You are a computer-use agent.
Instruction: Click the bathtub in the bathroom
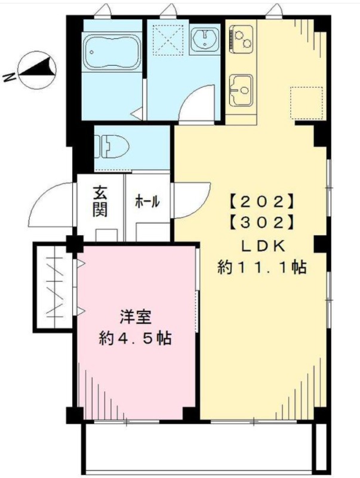tap(112, 52)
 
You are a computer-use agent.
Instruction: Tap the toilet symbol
tap(112, 146)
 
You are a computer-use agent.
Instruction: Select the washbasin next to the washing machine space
tap(205, 40)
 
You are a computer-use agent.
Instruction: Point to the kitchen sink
tap(241, 90)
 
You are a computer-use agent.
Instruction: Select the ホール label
tap(147, 201)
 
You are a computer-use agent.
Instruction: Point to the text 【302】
tap(262, 223)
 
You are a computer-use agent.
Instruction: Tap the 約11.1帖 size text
tap(262, 268)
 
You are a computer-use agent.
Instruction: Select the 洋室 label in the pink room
tap(136, 317)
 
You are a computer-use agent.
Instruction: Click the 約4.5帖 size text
tap(136, 338)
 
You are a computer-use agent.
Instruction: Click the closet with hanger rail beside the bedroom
tap(54, 287)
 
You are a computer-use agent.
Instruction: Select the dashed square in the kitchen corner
tap(306, 103)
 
